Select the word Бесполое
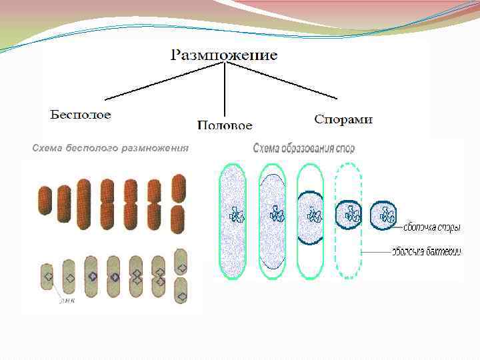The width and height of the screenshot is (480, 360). [81, 114]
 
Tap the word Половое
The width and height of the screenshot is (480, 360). [225, 125]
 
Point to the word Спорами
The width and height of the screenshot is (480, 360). [343, 119]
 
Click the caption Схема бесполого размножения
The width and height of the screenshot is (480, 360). [111, 148]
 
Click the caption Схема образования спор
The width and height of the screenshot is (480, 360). [304, 148]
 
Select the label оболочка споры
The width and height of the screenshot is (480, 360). [431, 228]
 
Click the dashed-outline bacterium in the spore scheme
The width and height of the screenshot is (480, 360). [349, 220]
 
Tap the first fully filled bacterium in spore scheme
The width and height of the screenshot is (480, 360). [233, 221]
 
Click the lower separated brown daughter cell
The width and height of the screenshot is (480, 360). [178, 219]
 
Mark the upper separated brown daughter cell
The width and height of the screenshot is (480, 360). [178, 188]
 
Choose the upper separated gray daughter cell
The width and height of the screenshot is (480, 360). [180, 261]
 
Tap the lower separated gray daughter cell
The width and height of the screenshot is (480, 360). [180, 290]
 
